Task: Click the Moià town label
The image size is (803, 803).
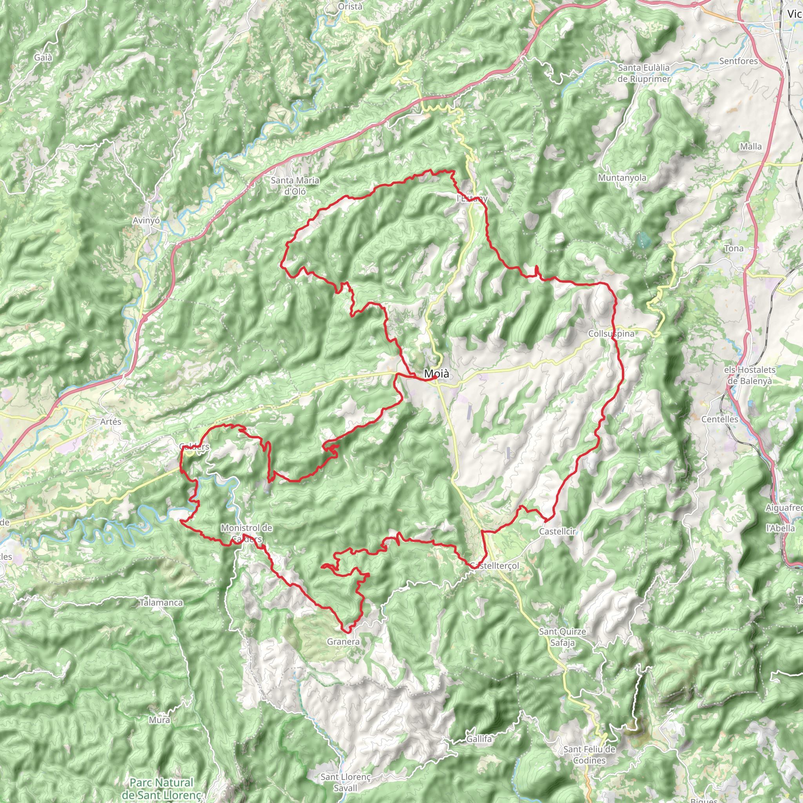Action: point(436,374)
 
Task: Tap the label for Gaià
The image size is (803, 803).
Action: point(43,57)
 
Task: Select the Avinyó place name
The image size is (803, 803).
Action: point(146,220)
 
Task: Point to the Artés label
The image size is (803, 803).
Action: point(111,421)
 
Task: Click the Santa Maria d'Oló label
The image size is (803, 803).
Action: point(295,186)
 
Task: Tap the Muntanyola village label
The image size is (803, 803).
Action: point(622,178)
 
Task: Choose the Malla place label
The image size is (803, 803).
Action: point(750,146)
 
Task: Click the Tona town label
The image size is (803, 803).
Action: point(734,249)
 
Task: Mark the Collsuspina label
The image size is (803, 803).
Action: point(611,334)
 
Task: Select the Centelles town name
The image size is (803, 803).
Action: point(720,420)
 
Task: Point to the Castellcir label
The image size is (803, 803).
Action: point(558,532)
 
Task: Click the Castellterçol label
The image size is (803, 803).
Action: point(494,566)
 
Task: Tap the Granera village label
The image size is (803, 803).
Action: point(343,642)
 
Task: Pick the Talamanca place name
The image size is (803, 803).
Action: point(161,603)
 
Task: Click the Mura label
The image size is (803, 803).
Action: point(160,720)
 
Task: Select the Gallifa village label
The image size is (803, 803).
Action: point(479,739)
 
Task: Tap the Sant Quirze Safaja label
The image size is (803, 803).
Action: point(562,637)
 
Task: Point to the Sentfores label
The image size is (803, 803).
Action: point(739,61)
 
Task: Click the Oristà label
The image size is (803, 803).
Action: point(351,7)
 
